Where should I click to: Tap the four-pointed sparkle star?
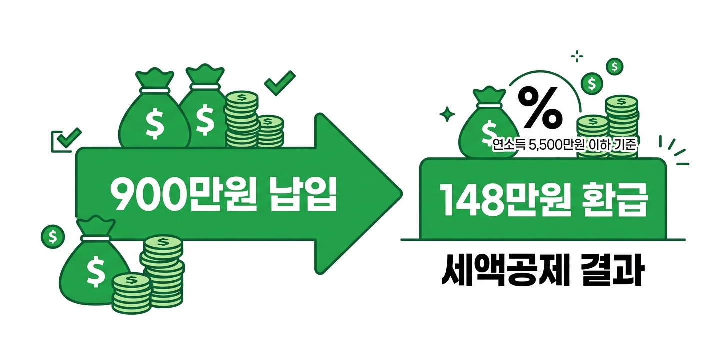point(446,114)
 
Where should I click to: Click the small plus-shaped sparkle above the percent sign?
point(577,56)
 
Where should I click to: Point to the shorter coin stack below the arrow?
point(131,292)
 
